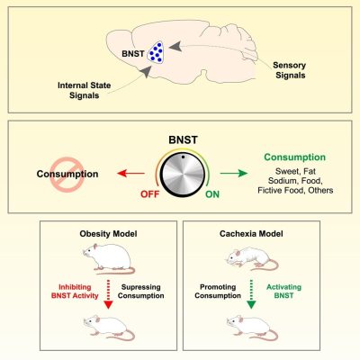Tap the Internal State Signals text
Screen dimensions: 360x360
[83, 92]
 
